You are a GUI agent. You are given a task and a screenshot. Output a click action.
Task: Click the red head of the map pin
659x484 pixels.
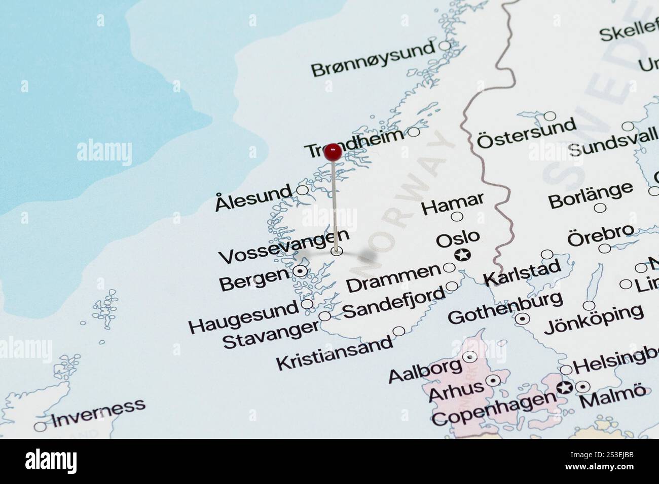333,150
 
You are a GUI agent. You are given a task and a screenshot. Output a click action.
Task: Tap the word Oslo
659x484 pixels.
458,238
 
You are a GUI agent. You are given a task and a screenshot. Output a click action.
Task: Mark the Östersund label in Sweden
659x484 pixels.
526,133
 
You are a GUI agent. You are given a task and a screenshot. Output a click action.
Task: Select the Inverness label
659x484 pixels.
98,411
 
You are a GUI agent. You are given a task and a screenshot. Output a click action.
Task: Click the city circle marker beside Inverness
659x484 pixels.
40,426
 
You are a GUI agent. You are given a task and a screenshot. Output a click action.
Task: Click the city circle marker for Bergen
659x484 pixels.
300,272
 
